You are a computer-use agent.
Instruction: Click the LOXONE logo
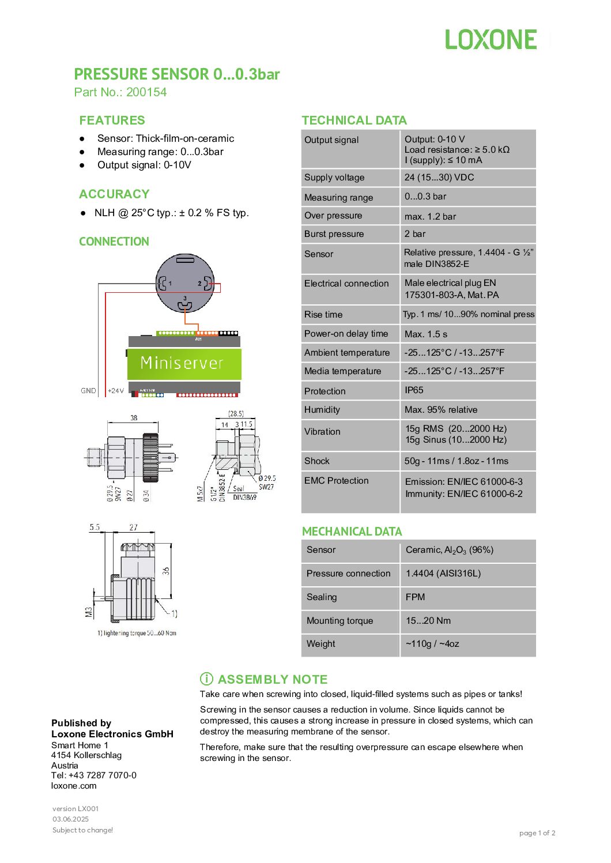pyautogui.click(x=491, y=40)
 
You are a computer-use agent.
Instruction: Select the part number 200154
pyautogui.click(x=146, y=92)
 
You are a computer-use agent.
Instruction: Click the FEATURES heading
pyautogui.click(x=112, y=120)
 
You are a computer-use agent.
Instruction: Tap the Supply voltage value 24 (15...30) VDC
pyautogui.click(x=439, y=178)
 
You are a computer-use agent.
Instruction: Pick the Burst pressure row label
pyautogui.click(x=334, y=234)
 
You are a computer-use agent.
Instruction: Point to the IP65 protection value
pyautogui.click(x=414, y=390)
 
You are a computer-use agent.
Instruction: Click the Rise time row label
pyautogui.click(x=323, y=315)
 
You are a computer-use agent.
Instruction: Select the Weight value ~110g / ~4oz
pyautogui.click(x=432, y=644)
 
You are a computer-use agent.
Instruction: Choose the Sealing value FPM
pyautogui.click(x=415, y=597)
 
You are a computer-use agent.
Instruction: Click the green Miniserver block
pyautogui.click(x=184, y=363)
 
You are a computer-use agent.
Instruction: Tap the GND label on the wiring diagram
pyautogui.click(x=88, y=391)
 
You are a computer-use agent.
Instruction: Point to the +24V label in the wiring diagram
pyautogui.click(x=116, y=391)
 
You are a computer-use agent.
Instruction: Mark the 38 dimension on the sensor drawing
pyautogui.click(x=134, y=418)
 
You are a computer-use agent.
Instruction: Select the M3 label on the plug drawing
pyautogui.click(x=89, y=612)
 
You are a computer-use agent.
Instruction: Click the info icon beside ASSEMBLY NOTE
pyautogui.click(x=206, y=679)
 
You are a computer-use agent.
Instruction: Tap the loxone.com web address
pyautogui.click(x=74, y=786)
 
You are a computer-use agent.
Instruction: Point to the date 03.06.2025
pyautogui.click(x=70, y=819)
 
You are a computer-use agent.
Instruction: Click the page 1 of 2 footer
pyautogui.click(x=537, y=833)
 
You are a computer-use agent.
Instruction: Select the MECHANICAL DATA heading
pyautogui.click(x=352, y=532)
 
